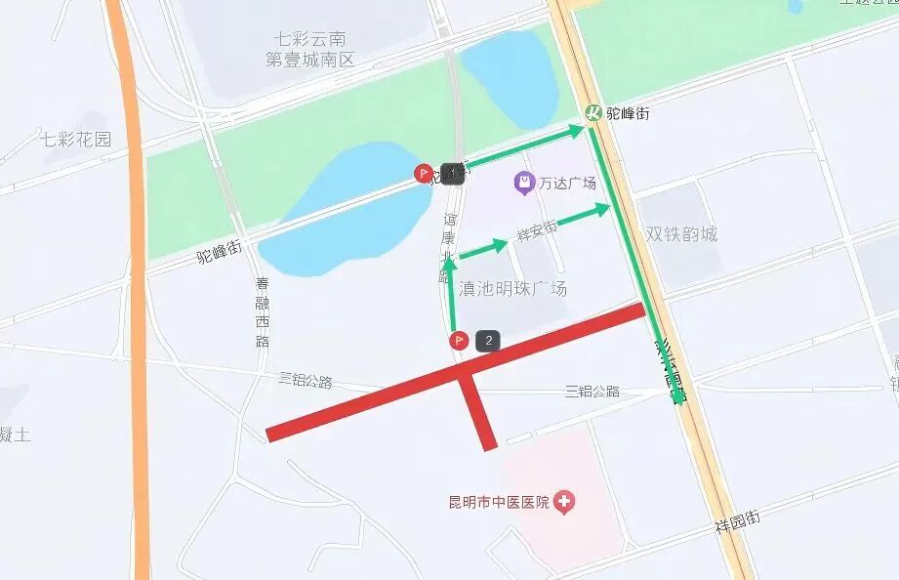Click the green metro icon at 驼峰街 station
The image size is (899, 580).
tap(593, 113)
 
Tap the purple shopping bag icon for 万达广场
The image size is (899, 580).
tap(524, 183)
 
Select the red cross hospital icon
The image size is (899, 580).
tap(563, 503)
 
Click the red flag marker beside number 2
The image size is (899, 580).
tap(458, 341)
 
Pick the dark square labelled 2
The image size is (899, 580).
tap(488, 341)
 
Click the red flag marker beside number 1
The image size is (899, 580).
tap(424, 174)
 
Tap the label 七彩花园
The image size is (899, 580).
tap(76, 139)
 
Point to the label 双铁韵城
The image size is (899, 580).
tap(681, 234)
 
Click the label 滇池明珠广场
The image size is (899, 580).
tap(512, 289)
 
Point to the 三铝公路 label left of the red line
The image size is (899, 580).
tap(306, 380)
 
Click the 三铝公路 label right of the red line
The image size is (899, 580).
tap(593, 392)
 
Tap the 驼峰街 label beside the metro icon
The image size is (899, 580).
tap(628, 113)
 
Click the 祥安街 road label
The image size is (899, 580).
tap(537, 231)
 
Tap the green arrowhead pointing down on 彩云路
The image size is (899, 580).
tap(675, 395)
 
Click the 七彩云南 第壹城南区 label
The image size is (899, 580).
tap(310, 50)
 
